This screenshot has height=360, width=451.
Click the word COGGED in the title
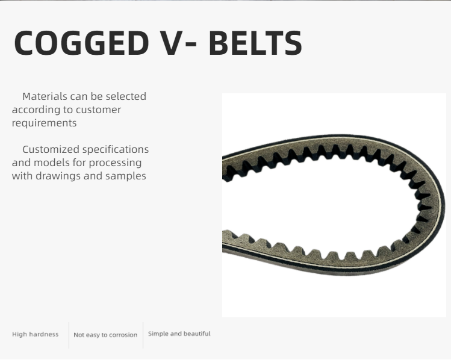pos(81,43)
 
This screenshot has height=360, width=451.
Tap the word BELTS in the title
pos(255,43)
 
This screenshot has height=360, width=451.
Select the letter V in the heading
pos(172,43)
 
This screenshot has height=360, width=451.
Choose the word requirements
pos(45,123)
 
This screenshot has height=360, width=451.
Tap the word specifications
pos(116,150)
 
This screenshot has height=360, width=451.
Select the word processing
pos(115,163)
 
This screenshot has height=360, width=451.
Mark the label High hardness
pos(36,334)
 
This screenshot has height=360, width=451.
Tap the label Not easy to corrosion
pos(105,335)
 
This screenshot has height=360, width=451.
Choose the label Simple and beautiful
pos(179,334)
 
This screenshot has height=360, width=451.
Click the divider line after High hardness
pos(69,335)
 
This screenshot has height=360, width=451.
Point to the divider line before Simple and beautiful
pos(143,335)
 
